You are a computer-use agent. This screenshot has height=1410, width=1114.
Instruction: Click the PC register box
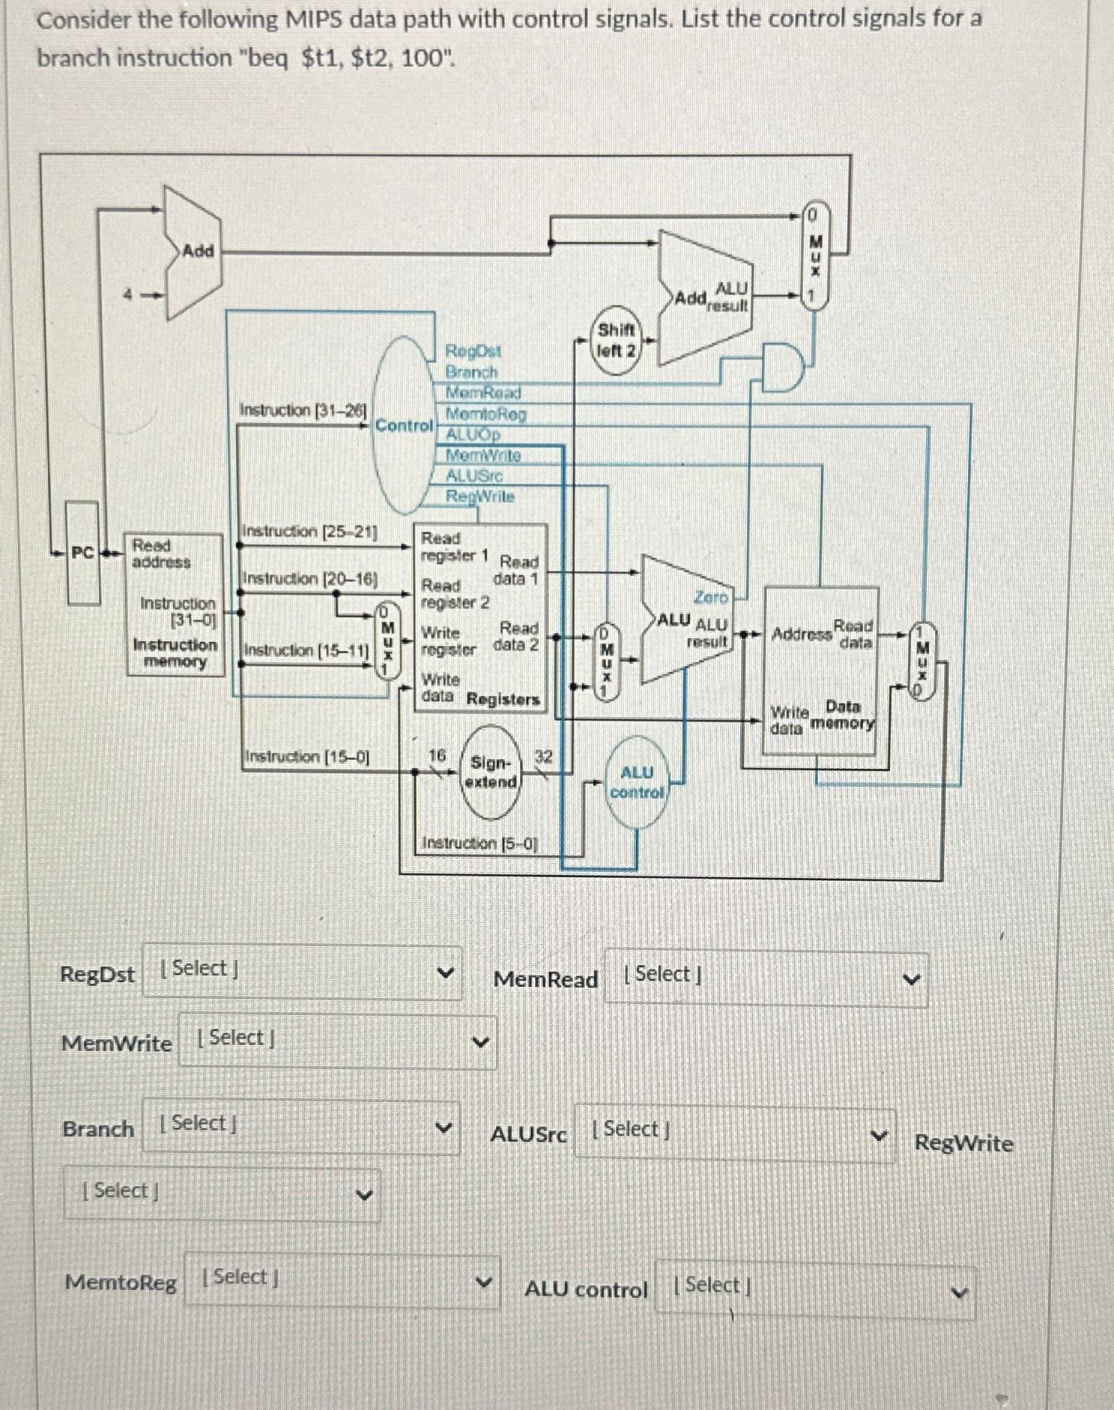[x=83, y=553]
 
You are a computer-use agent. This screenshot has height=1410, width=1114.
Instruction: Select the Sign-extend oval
[x=490, y=773]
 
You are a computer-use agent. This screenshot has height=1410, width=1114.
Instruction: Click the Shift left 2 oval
[x=616, y=340]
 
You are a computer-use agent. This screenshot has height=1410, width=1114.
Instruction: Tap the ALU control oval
[x=637, y=782]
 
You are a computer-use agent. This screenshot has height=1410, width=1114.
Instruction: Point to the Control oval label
[x=404, y=425]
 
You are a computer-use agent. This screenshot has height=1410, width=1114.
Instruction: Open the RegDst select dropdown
[x=301, y=971]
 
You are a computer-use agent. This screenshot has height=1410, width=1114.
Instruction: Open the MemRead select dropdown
[x=765, y=978]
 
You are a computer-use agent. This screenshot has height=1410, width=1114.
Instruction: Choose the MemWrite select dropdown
[x=337, y=1040]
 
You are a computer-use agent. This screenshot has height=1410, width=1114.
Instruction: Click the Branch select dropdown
[x=301, y=1126]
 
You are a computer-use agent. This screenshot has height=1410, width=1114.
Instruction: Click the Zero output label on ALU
[x=710, y=598]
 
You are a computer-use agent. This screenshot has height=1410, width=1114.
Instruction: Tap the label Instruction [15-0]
[x=307, y=757]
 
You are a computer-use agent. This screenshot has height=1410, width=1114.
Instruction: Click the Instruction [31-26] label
[x=302, y=410]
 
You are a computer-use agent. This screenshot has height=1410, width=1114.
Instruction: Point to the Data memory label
[x=843, y=715]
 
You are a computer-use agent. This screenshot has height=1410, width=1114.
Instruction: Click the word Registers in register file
[x=503, y=700]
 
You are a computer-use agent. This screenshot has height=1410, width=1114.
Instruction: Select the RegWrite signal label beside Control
[x=480, y=497]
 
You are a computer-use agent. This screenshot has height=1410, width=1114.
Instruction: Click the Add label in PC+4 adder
[x=198, y=251]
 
